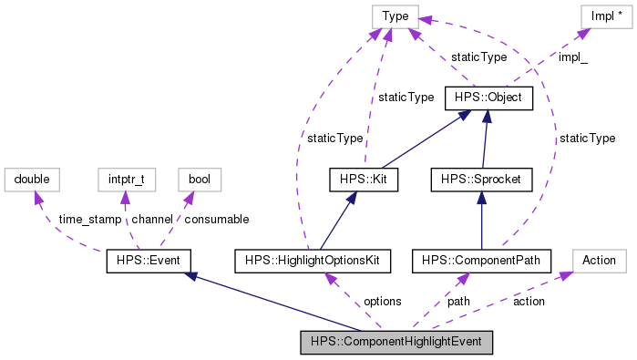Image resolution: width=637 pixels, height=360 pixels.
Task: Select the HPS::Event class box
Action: click(149, 261)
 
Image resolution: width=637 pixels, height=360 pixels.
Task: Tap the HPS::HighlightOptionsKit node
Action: click(313, 261)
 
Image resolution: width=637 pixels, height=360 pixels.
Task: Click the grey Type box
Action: click(395, 15)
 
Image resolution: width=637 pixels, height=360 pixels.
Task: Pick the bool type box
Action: click(199, 180)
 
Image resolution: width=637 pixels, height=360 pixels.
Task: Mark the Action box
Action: click(599, 261)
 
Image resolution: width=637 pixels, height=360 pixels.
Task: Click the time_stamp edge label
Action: click(89, 220)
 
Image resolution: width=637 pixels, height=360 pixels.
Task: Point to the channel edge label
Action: click(151, 220)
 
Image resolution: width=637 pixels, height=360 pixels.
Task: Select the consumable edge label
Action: click(216, 220)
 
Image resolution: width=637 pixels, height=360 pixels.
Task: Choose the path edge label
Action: click(458, 301)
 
